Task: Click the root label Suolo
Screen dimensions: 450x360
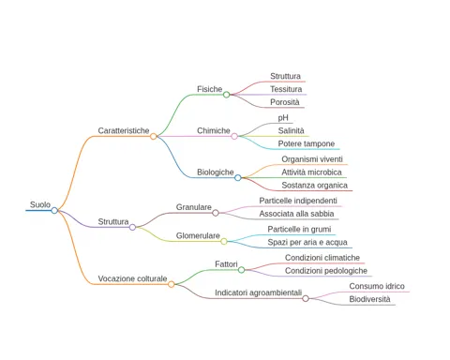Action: [40, 204]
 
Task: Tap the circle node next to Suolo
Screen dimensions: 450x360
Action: [54, 210]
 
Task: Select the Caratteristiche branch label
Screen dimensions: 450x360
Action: [124, 130]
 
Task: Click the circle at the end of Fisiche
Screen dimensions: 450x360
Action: [227, 95]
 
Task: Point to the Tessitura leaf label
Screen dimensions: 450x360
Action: [286, 89]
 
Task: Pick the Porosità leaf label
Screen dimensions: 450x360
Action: [285, 102]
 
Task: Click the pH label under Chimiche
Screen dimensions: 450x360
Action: [283, 118]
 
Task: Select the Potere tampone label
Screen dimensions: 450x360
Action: [307, 143]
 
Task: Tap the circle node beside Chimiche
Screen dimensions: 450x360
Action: [234, 136]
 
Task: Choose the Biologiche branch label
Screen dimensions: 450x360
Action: [216, 172]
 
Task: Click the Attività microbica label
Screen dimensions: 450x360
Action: [311, 172]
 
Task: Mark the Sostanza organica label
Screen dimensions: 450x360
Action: [314, 186]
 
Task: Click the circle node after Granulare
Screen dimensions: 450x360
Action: [216, 213]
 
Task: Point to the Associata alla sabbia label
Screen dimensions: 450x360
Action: [296, 214]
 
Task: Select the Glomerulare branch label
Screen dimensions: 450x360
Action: [198, 235]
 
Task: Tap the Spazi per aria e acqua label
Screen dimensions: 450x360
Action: [307, 242]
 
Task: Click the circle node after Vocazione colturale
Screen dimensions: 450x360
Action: [171, 284]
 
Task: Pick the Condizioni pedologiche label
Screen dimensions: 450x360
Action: [326, 271]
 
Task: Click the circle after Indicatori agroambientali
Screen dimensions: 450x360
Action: [306, 298]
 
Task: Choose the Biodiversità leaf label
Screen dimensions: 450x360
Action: [369, 299]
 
